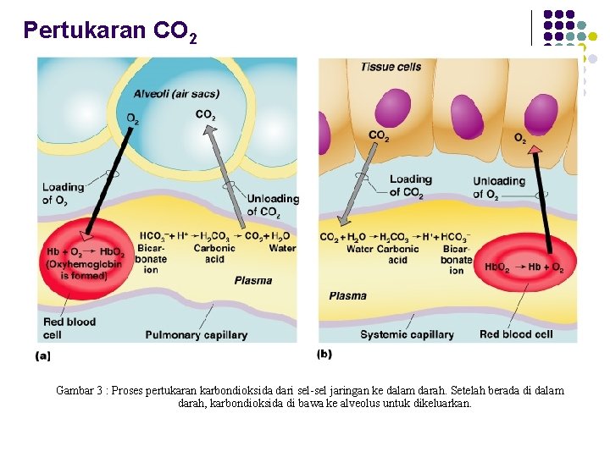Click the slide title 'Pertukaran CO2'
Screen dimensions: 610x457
coord(111,31)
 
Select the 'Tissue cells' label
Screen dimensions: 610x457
coord(391,67)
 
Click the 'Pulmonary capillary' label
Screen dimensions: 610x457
coord(197,334)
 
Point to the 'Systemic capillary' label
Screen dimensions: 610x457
coord(407,334)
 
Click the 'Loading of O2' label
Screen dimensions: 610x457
coord(64,194)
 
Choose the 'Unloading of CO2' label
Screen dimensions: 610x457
coord(272,206)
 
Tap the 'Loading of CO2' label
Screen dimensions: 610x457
coord(411,185)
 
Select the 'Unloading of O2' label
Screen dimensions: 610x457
coord(499,187)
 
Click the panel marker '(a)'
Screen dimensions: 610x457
coord(43,356)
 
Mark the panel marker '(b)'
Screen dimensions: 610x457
coord(324,353)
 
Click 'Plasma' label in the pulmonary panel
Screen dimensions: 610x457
coord(252,280)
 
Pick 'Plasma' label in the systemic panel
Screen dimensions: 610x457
coord(347,295)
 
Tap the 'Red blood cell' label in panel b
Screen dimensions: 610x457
coord(516,334)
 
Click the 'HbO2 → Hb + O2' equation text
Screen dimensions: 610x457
coord(524,267)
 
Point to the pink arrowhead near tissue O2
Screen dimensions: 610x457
coord(535,150)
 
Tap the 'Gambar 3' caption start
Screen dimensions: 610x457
coord(80,391)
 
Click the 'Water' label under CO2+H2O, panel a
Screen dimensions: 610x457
coord(282,248)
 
